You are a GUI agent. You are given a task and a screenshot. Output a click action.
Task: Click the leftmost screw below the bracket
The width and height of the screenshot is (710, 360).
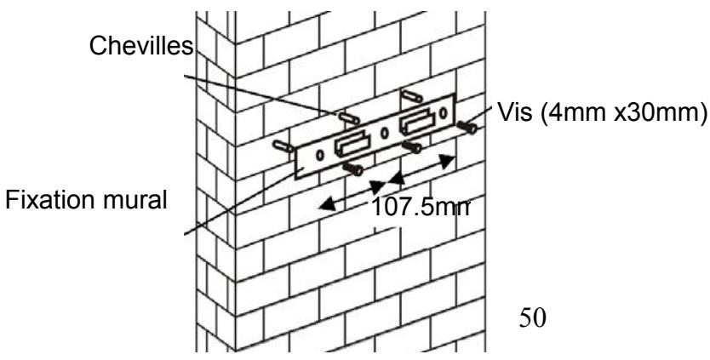pos(353,169)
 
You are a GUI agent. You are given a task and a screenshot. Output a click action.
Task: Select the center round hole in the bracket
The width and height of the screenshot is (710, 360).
pos(384,133)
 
